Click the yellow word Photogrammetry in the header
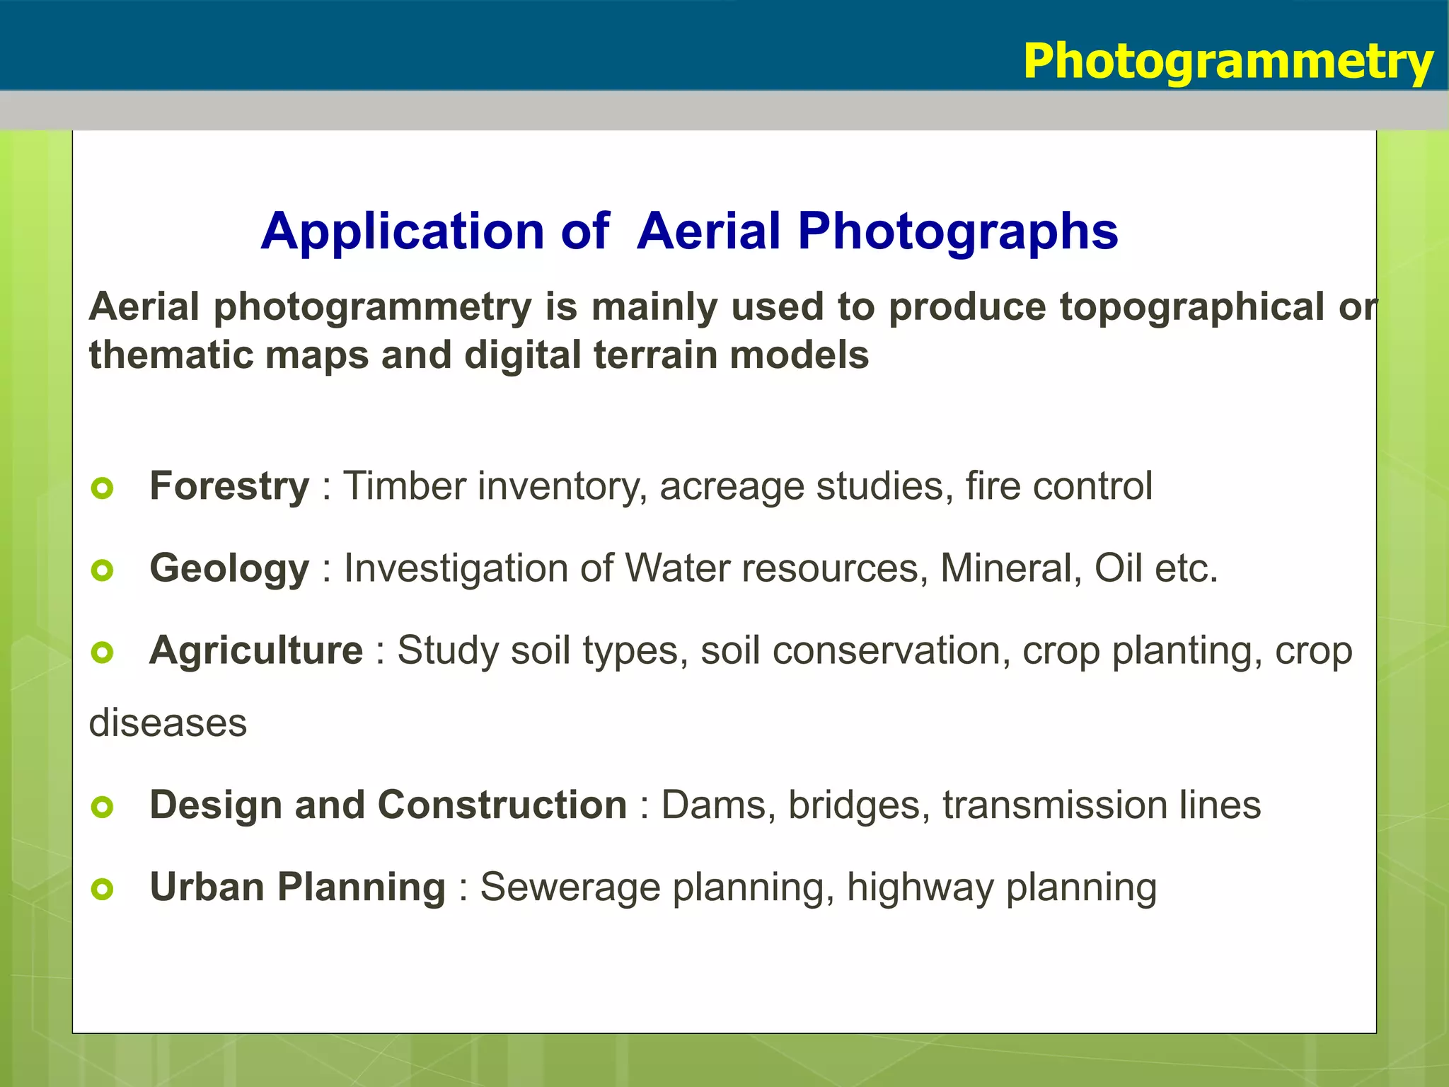click(x=1228, y=62)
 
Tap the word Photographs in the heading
click(x=958, y=231)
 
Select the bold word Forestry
click(x=229, y=487)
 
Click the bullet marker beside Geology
click(x=103, y=570)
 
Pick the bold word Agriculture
click(x=256, y=650)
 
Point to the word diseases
click(x=168, y=723)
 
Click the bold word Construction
click(x=502, y=805)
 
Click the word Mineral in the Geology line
click(x=1005, y=569)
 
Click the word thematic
click(x=170, y=355)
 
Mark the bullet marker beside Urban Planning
click(x=103, y=889)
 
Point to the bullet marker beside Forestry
click(x=103, y=488)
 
